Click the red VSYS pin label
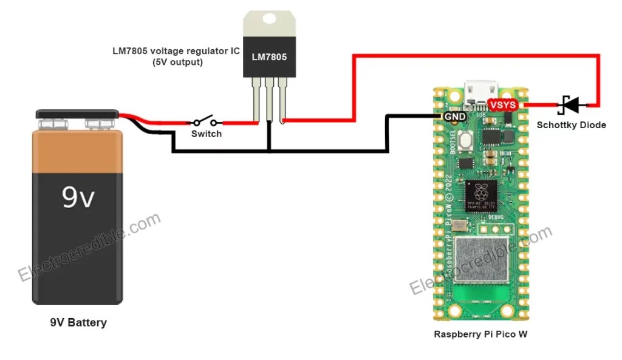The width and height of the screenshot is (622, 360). tap(503, 105)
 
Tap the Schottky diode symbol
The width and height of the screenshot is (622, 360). tap(571, 105)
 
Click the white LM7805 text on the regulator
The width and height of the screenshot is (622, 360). tap(269, 57)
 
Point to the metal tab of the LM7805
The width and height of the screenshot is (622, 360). tap(269, 23)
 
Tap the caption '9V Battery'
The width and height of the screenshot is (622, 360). tap(78, 322)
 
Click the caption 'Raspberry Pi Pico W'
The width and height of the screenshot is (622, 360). tap(480, 335)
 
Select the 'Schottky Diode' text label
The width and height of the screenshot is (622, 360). tap(571, 125)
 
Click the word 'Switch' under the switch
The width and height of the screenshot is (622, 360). tap(207, 134)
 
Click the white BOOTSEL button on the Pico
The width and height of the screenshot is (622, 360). tap(466, 140)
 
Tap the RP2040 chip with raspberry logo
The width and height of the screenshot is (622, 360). tap(480, 195)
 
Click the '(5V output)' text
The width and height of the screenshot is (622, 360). tap(177, 62)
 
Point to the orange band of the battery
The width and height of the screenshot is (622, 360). tap(78, 152)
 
